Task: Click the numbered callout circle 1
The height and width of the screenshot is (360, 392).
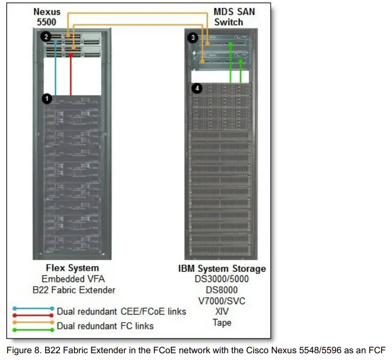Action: coord(47,98)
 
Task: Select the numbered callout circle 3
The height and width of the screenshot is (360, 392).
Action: coord(193,38)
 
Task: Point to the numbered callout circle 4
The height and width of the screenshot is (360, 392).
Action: coord(196,88)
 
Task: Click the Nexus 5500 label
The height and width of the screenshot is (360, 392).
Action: coord(46,17)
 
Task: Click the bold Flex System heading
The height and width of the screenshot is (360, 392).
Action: coord(72,268)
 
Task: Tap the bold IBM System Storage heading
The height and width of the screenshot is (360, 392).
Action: coord(222,269)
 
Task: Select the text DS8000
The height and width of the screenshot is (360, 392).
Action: coord(222,290)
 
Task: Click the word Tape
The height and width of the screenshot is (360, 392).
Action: coord(222,323)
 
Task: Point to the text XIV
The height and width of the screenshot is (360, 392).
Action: coord(222,312)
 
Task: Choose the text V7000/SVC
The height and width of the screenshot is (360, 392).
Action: coord(222,301)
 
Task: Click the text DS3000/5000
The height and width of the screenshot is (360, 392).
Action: coord(222,279)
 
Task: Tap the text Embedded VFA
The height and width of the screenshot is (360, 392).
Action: coord(72,279)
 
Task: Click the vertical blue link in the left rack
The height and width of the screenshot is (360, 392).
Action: coord(55,68)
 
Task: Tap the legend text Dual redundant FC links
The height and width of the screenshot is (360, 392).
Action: coord(105,326)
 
